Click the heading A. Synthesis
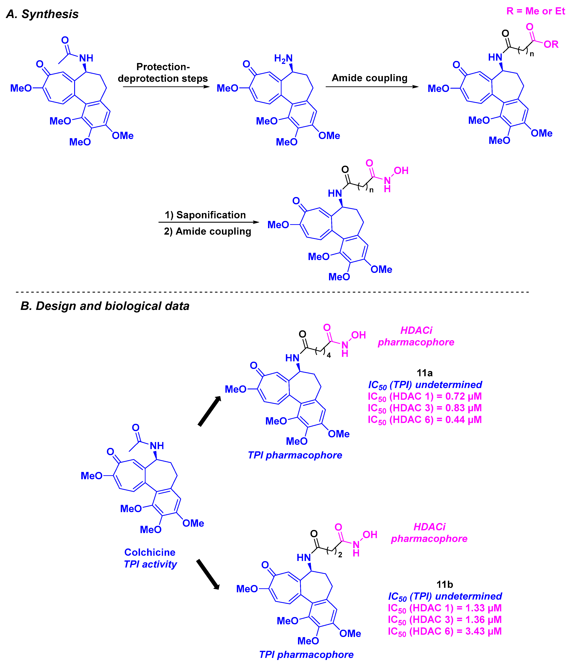pos(42,14)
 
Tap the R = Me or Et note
pos(535,11)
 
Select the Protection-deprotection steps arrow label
pos(163,73)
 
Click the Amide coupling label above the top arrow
pos(369,78)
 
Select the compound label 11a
pos(424,373)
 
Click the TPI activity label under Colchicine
pos(150,564)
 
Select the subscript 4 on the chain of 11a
pos(328,355)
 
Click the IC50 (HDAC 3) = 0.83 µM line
pos(424,408)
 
